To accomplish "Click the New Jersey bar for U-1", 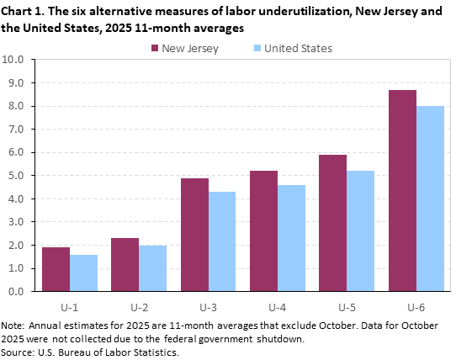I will point(56,269).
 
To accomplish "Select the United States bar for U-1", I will point(83,273).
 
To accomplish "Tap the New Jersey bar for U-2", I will point(125,264).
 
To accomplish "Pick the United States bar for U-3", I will point(222,241).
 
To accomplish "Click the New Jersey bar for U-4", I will point(264,231).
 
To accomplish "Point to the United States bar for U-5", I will point(361,231).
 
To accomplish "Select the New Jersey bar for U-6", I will point(402,191).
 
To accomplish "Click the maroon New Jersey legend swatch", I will point(157,48).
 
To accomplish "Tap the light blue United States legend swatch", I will point(254,48).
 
